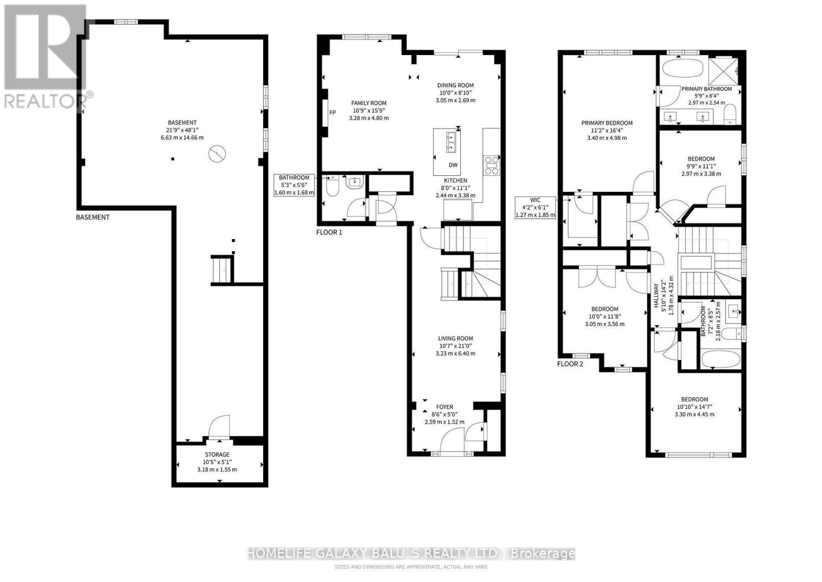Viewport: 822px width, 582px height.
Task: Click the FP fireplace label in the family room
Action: pos(332,113)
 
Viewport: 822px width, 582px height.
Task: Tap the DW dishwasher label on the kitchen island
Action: pos(453,165)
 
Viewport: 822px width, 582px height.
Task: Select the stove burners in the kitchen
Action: pos(492,165)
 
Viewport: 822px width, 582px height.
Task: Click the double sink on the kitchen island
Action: pos(451,142)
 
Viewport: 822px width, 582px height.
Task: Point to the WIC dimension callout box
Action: pos(535,208)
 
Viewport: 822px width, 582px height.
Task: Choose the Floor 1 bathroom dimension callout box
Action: pos(294,185)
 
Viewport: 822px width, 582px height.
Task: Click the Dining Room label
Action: pos(455,85)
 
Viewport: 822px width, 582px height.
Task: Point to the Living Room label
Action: pos(455,338)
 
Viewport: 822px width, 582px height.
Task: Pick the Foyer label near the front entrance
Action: pos(444,407)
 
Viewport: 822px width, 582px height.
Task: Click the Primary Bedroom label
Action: pos(607,123)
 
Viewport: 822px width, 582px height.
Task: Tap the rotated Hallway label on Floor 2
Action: pos(656,295)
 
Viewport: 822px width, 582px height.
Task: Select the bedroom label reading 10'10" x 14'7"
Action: pos(695,407)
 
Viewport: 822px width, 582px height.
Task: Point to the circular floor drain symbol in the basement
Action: pos(217,154)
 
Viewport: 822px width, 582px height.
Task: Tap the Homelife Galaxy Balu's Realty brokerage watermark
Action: pos(410,553)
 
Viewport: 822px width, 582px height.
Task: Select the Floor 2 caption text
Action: pos(570,364)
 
